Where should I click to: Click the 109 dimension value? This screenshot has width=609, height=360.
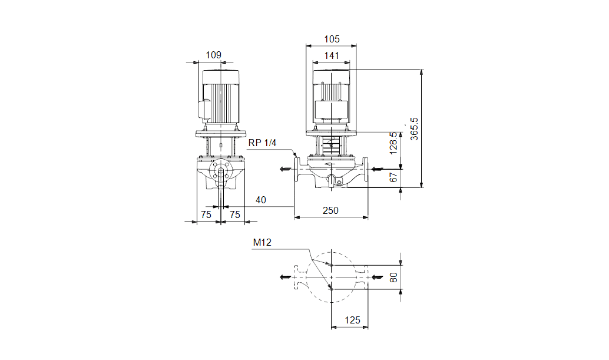213,55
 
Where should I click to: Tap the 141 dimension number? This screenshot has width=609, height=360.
332,55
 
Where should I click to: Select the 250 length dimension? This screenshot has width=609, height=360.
330,210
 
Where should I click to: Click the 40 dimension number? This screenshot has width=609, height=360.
260,200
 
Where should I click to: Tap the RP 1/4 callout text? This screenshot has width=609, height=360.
262,143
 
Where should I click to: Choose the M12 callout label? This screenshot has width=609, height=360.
262,242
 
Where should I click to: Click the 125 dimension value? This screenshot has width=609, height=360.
352,320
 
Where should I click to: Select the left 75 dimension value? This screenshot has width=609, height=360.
206,215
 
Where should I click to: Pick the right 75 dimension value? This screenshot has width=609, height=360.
235,215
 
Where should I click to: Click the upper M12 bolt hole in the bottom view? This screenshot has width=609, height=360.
332,265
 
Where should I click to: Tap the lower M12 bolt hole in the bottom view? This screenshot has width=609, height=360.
332,289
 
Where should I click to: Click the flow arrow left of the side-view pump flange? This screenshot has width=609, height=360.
284,169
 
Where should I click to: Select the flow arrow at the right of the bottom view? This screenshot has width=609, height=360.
376,276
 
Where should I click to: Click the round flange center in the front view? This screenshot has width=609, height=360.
221,172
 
